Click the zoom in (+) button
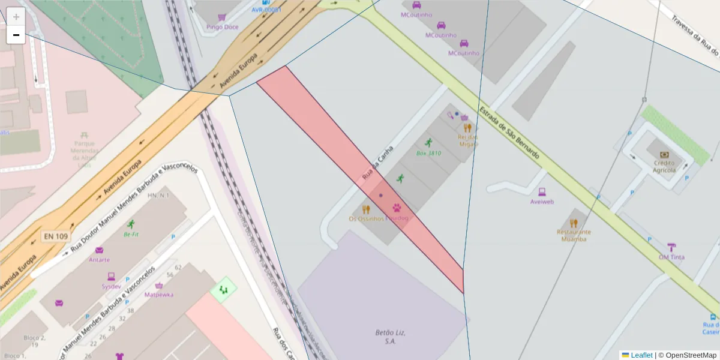coord(16,16)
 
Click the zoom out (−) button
coord(16,35)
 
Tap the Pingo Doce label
coord(221,27)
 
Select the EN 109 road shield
coord(55,236)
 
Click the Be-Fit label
coord(131,234)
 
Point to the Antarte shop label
coord(99,260)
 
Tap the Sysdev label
coord(111,286)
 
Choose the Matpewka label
coord(159,295)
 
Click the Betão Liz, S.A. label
coord(382,337)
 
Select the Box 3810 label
coord(428,153)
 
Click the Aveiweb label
coord(542,202)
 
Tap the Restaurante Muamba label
coord(574,235)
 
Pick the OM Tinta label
coord(671,257)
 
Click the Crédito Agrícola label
coord(664,166)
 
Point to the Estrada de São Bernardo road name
coord(509,133)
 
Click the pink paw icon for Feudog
coord(397,208)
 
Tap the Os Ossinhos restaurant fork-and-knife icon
coord(366,209)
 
